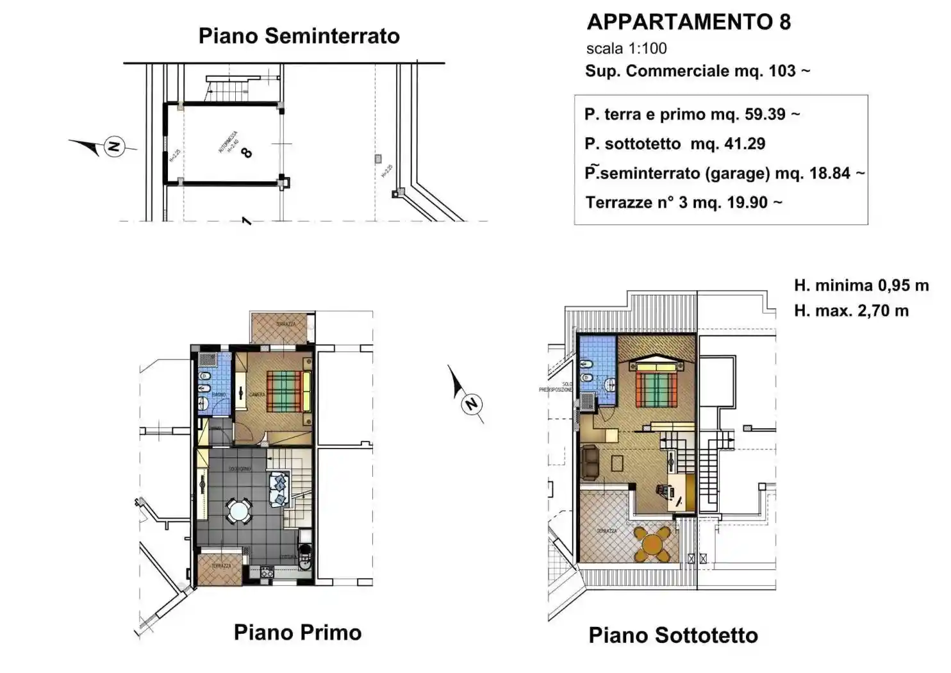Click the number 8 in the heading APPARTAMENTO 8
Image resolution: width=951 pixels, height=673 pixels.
tap(784, 22)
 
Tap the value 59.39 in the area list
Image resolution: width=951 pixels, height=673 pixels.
tap(765, 114)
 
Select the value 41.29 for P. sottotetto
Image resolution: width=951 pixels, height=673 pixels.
tap(745, 144)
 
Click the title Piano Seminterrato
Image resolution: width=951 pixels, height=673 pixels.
tap(299, 36)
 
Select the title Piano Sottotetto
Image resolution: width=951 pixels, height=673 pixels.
tap(673, 635)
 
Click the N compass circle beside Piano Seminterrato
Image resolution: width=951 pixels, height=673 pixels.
tap(114, 147)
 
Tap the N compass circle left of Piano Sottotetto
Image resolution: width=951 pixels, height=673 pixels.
tap(472, 404)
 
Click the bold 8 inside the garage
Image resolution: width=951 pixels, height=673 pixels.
tap(246, 153)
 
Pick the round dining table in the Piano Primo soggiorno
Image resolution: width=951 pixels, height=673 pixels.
tap(238, 512)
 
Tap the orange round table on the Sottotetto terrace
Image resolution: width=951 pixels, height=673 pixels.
tap(652, 544)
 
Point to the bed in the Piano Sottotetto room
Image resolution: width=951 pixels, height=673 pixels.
tap(656, 385)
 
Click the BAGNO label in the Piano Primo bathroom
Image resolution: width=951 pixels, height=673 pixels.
tap(219, 395)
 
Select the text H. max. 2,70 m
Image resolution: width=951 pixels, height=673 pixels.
tap(851, 311)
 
